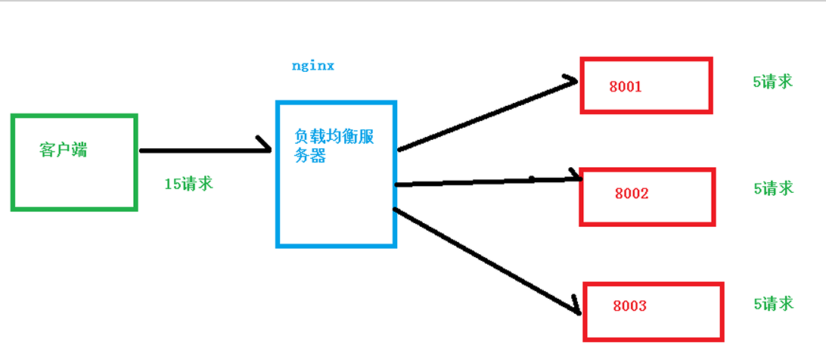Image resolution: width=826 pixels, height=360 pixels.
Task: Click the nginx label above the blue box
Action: pos(313,67)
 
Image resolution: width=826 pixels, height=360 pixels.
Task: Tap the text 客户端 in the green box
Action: pos(64,150)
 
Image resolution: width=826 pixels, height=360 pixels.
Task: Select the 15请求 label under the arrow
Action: pos(188,184)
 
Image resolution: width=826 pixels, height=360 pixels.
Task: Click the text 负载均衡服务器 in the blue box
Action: pos(334,146)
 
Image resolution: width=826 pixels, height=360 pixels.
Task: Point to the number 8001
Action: pos(626,86)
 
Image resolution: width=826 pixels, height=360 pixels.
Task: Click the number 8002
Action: pos(632,194)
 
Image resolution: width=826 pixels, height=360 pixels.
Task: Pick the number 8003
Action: pos(630,306)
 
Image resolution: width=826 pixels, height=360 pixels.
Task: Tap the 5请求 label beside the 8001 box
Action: pos(773,81)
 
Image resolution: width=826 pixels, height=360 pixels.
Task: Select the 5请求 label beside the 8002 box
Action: pos(773,188)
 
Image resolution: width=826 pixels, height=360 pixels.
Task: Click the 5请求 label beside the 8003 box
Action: pos(773,303)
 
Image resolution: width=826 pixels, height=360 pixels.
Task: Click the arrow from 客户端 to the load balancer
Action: pos(206,150)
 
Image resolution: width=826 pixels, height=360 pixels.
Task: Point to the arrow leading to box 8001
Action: pos(488,115)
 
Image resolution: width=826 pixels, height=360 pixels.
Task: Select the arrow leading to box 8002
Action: pos(489,182)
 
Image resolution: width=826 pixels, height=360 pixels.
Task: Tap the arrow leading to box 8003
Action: pos(487,261)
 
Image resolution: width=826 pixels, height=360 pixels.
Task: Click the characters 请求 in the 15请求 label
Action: pos(196,184)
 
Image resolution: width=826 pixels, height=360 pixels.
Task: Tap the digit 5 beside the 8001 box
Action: pos(756,82)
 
